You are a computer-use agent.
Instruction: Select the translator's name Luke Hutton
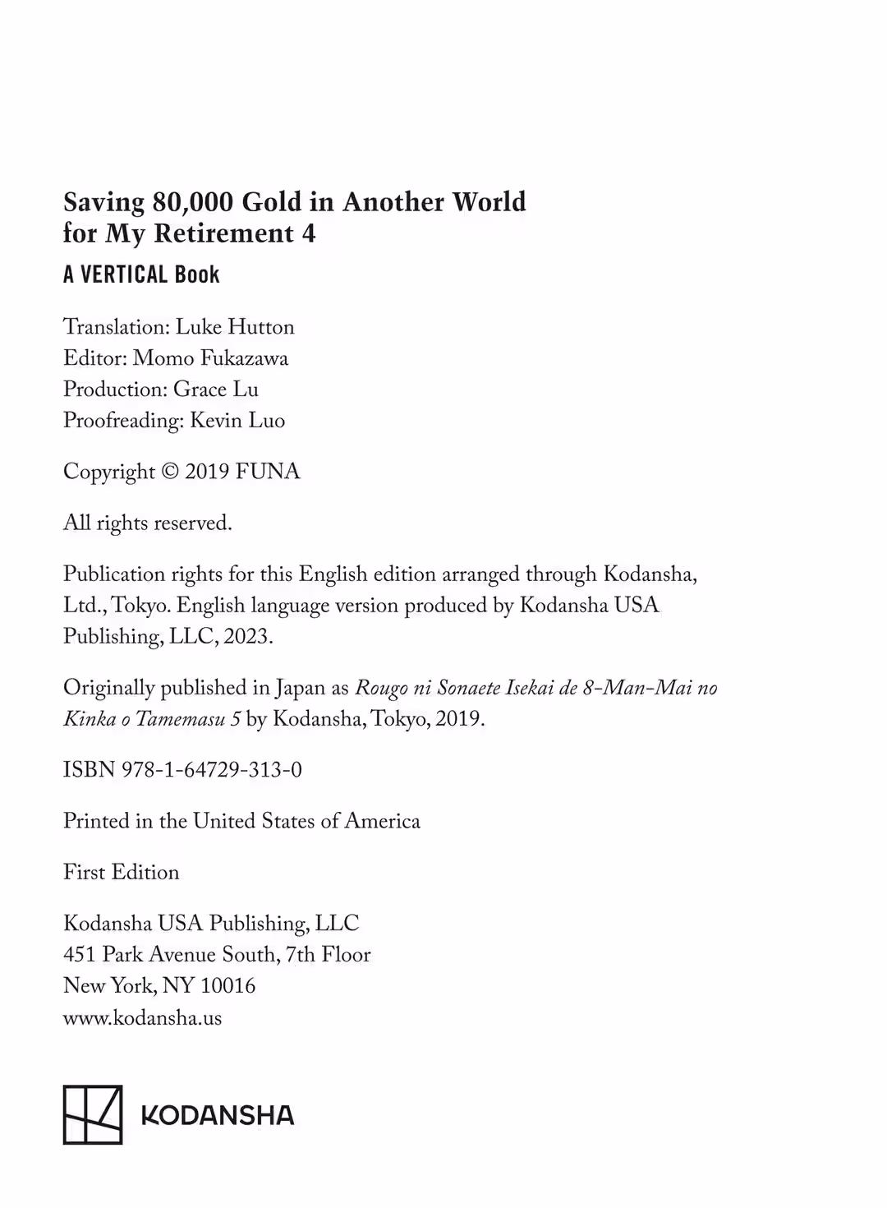point(235,327)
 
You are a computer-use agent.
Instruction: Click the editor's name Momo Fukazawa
point(210,358)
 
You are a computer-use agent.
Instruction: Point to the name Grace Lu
point(215,390)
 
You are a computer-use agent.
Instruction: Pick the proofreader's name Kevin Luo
point(237,421)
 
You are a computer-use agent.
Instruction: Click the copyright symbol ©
point(170,472)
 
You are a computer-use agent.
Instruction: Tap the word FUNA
point(268,472)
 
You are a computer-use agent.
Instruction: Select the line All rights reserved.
point(148,523)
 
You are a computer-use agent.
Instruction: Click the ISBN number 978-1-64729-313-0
point(212,770)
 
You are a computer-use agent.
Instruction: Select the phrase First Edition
point(122,873)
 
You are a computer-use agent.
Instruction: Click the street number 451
point(80,955)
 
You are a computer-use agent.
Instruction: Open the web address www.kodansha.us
point(143,1018)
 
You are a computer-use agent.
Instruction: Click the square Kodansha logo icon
point(93,1114)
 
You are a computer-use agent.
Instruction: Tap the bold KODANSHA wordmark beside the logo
point(218,1115)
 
